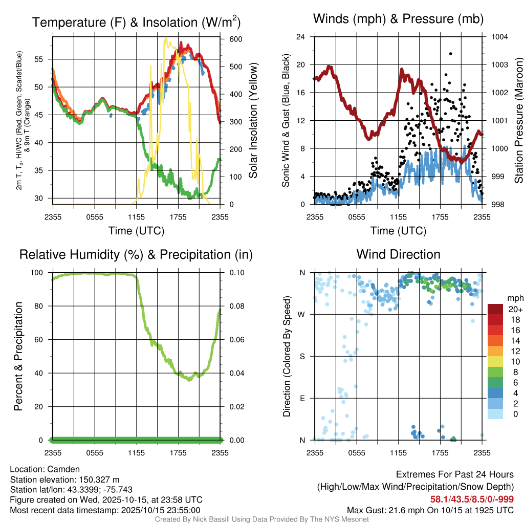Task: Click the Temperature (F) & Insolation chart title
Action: pyautogui.click(x=136, y=23)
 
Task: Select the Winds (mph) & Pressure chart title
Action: pyautogui.click(x=398, y=19)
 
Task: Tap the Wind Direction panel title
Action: pyautogui.click(x=398, y=254)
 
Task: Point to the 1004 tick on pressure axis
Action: pyautogui.click(x=499, y=37)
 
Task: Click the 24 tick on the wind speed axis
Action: pyautogui.click(x=301, y=37)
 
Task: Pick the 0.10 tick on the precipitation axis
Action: pyautogui.click(x=236, y=273)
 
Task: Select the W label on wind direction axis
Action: pyautogui.click(x=302, y=315)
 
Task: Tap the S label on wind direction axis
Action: pyautogui.click(x=302, y=357)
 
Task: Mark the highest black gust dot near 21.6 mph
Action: pyautogui.click(x=450, y=53)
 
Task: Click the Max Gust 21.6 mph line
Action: pyautogui.click(x=430, y=510)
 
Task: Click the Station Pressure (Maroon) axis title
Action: pyautogui.click(x=518, y=121)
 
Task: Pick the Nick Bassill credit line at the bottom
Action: pyautogui.click(x=261, y=519)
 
